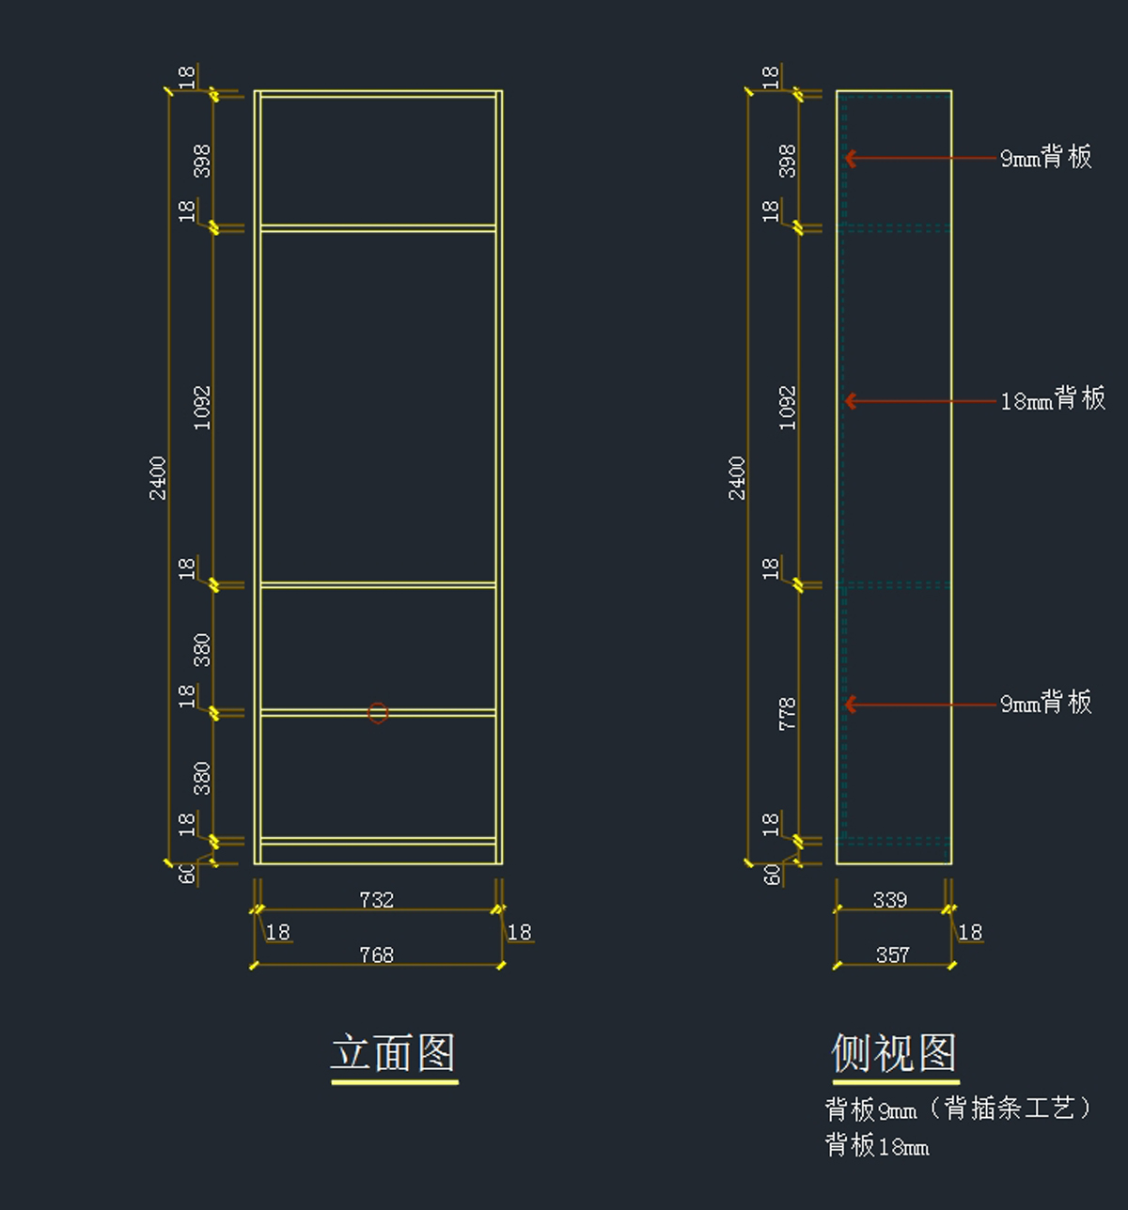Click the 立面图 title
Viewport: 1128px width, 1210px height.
pyautogui.click(x=393, y=1053)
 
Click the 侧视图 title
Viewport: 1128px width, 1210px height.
pyautogui.click(x=894, y=1053)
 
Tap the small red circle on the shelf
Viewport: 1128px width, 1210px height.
pyautogui.click(x=378, y=713)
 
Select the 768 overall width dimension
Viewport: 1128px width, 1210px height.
pyautogui.click(x=376, y=955)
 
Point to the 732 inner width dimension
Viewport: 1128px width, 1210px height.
pyautogui.click(x=376, y=900)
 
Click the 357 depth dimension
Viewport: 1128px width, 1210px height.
pyautogui.click(x=892, y=955)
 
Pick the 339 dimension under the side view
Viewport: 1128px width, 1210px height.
pyautogui.click(x=889, y=900)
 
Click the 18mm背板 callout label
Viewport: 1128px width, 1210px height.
pyautogui.click(x=1053, y=400)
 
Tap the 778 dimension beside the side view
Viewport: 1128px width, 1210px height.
pyautogui.click(x=788, y=713)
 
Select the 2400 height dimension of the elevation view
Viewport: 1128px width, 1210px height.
pyautogui.click(x=158, y=477)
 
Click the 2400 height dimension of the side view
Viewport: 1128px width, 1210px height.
pyautogui.click(x=737, y=477)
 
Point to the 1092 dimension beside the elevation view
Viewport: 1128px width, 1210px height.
pyautogui.click(x=202, y=408)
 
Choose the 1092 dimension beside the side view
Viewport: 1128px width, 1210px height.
pyautogui.click(x=788, y=408)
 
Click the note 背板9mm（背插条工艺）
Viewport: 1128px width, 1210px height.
pyautogui.click(x=959, y=1109)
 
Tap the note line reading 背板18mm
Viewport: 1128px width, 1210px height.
pyautogui.click(x=877, y=1145)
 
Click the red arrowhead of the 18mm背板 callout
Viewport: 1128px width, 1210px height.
pyautogui.click(x=850, y=401)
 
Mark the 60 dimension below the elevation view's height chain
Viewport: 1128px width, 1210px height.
pyautogui.click(x=188, y=874)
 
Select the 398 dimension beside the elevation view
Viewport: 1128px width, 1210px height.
pyautogui.click(x=202, y=161)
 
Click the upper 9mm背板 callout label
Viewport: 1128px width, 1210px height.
pyautogui.click(x=1045, y=157)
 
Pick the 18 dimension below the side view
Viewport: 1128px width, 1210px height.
pyautogui.click(x=969, y=932)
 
